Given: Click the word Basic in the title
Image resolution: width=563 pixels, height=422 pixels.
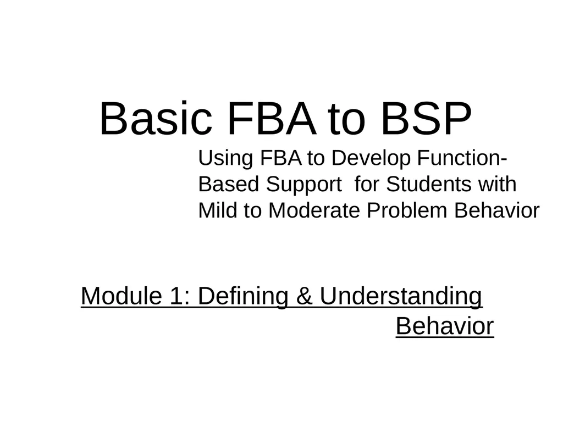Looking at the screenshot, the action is (156, 119).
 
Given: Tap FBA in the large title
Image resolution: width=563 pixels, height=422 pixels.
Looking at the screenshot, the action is (272, 118).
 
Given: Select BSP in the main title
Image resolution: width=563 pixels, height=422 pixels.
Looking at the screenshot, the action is (426, 118).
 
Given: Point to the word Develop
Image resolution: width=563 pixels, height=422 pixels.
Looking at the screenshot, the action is (371, 158).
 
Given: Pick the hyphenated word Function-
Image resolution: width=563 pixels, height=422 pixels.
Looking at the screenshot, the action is (462, 158).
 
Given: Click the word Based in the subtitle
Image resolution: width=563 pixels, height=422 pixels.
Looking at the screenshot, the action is (228, 184).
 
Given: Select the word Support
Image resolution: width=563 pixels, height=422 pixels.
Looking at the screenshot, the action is (303, 185).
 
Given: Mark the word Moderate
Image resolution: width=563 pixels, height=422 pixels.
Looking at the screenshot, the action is (314, 210).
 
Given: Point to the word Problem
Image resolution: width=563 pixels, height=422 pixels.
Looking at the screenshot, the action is (407, 210).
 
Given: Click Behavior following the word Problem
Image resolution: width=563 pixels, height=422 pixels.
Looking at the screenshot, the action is (497, 210).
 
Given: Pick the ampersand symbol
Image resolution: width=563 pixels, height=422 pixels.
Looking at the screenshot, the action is (305, 296).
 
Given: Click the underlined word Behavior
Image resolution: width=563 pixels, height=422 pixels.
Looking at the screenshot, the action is (445, 326).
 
